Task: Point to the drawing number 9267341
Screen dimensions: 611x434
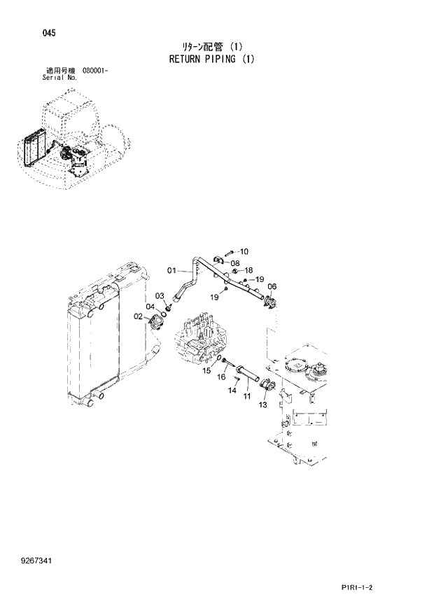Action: (40, 561)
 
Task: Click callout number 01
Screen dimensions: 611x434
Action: (171, 270)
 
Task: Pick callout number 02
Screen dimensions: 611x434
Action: (139, 316)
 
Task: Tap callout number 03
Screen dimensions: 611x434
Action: (159, 296)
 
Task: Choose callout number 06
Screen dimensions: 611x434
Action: (272, 286)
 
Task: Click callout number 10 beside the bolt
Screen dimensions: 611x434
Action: (244, 251)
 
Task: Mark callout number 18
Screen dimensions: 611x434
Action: (248, 270)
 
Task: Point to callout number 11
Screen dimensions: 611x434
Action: (247, 397)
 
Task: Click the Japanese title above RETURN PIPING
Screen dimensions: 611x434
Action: (212, 47)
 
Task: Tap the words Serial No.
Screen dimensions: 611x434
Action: (60, 78)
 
